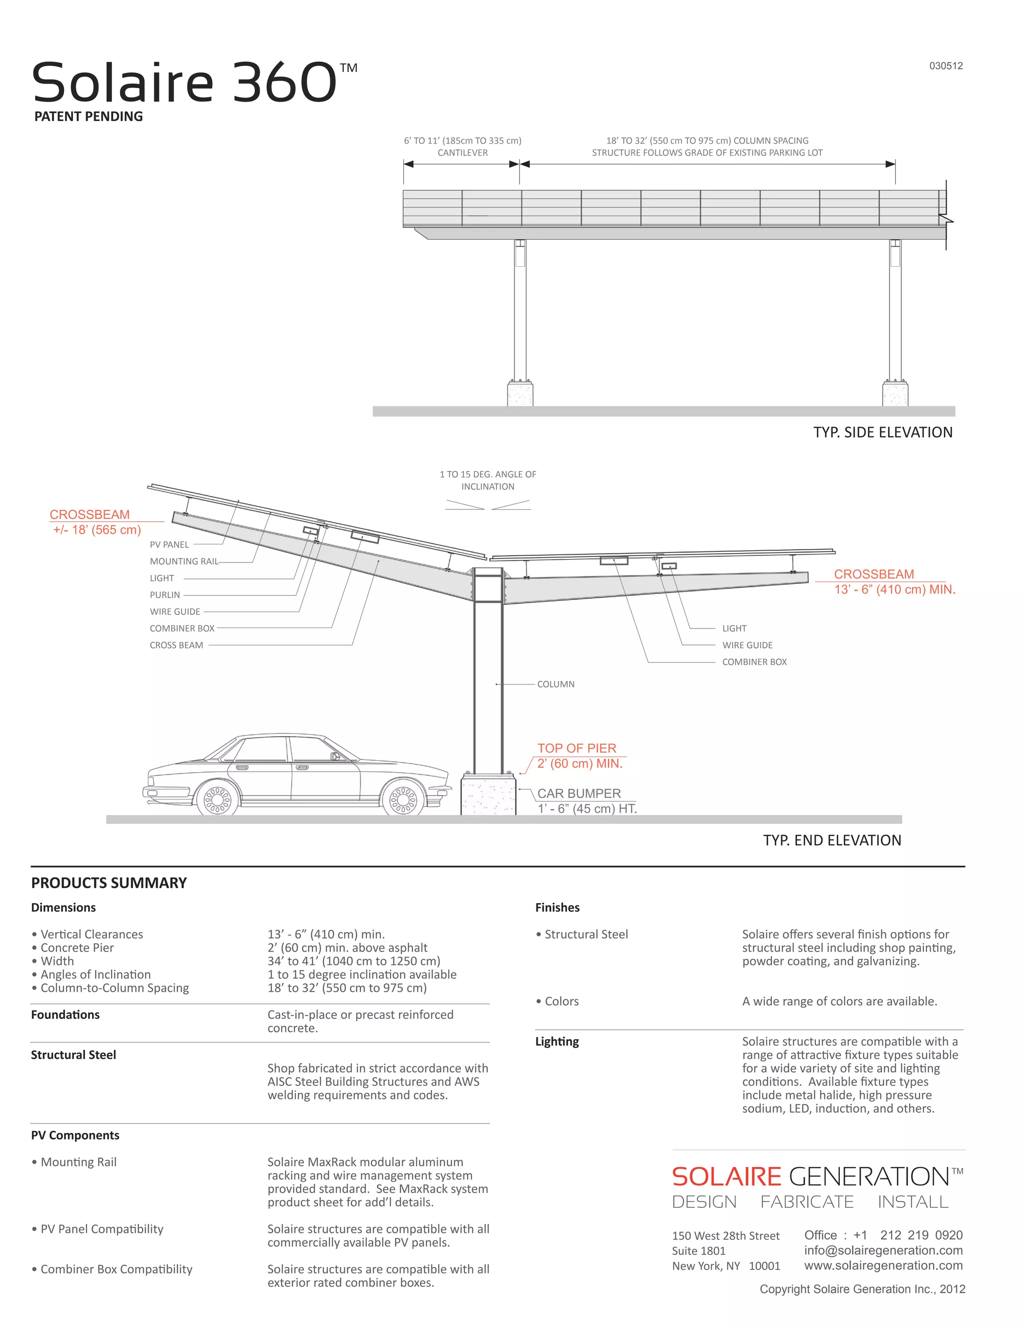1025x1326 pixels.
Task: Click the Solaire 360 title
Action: coord(185,83)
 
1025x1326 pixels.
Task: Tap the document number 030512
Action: coord(945,66)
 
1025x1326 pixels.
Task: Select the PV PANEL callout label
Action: coord(170,544)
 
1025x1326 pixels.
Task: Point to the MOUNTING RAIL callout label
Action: coord(184,561)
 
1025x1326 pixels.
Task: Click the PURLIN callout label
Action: coord(165,595)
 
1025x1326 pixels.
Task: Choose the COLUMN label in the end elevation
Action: coord(556,684)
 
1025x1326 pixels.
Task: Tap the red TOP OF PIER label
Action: coord(576,748)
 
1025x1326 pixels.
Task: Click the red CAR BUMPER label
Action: coord(579,794)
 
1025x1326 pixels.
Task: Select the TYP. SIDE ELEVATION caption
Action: coord(882,432)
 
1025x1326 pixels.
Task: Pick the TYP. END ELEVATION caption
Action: coord(832,840)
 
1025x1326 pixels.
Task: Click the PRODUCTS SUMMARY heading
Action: coord(109,883)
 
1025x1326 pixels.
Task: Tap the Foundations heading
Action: coord(65,1015)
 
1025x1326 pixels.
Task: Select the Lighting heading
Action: coord(557,1041)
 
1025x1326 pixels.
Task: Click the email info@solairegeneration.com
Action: coord(883,1250)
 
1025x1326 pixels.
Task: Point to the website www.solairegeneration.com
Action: coord(883,1265)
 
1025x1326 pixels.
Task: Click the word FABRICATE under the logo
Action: coord(806,1201)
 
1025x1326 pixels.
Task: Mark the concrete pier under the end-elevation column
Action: coord(488,794)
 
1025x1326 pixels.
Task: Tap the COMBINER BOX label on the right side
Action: coord(754,662)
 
